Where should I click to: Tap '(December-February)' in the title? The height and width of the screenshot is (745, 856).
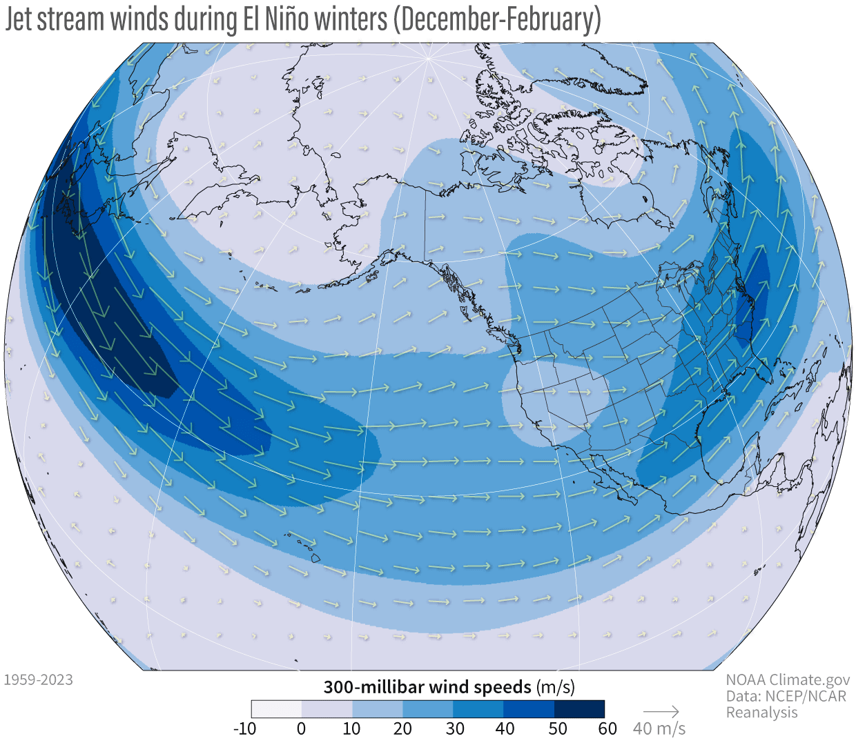click(496, 19)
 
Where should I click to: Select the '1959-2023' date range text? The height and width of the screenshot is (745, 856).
click(39, 680)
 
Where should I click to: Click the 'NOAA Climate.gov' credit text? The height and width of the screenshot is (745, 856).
click(788, 680)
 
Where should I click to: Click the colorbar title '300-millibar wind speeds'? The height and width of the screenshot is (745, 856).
click(427, 687)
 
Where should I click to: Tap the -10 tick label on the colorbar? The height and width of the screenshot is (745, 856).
click(244, 729)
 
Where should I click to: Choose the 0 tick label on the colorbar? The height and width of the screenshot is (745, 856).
click(301, 729)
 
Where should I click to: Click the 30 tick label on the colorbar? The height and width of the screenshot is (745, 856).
click(454, 729)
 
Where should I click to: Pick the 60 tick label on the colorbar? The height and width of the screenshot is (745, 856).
click(607, 729)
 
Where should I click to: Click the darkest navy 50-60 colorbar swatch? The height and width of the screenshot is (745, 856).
click(579, 709)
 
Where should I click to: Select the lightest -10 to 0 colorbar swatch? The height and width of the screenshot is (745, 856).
click(276, 709)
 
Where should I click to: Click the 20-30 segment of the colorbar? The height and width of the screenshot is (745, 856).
click(427, 709)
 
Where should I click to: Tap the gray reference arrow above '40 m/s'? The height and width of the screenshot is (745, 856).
click(661, 711)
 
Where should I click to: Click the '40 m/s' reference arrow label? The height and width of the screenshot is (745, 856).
click(659, 729)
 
